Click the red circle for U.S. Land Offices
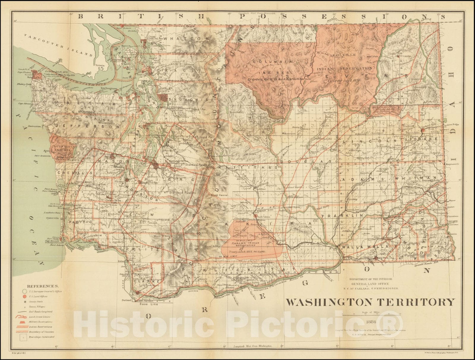tap(24, 296)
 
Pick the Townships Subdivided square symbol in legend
tap(23, 337)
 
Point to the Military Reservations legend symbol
tap(24, 322)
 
